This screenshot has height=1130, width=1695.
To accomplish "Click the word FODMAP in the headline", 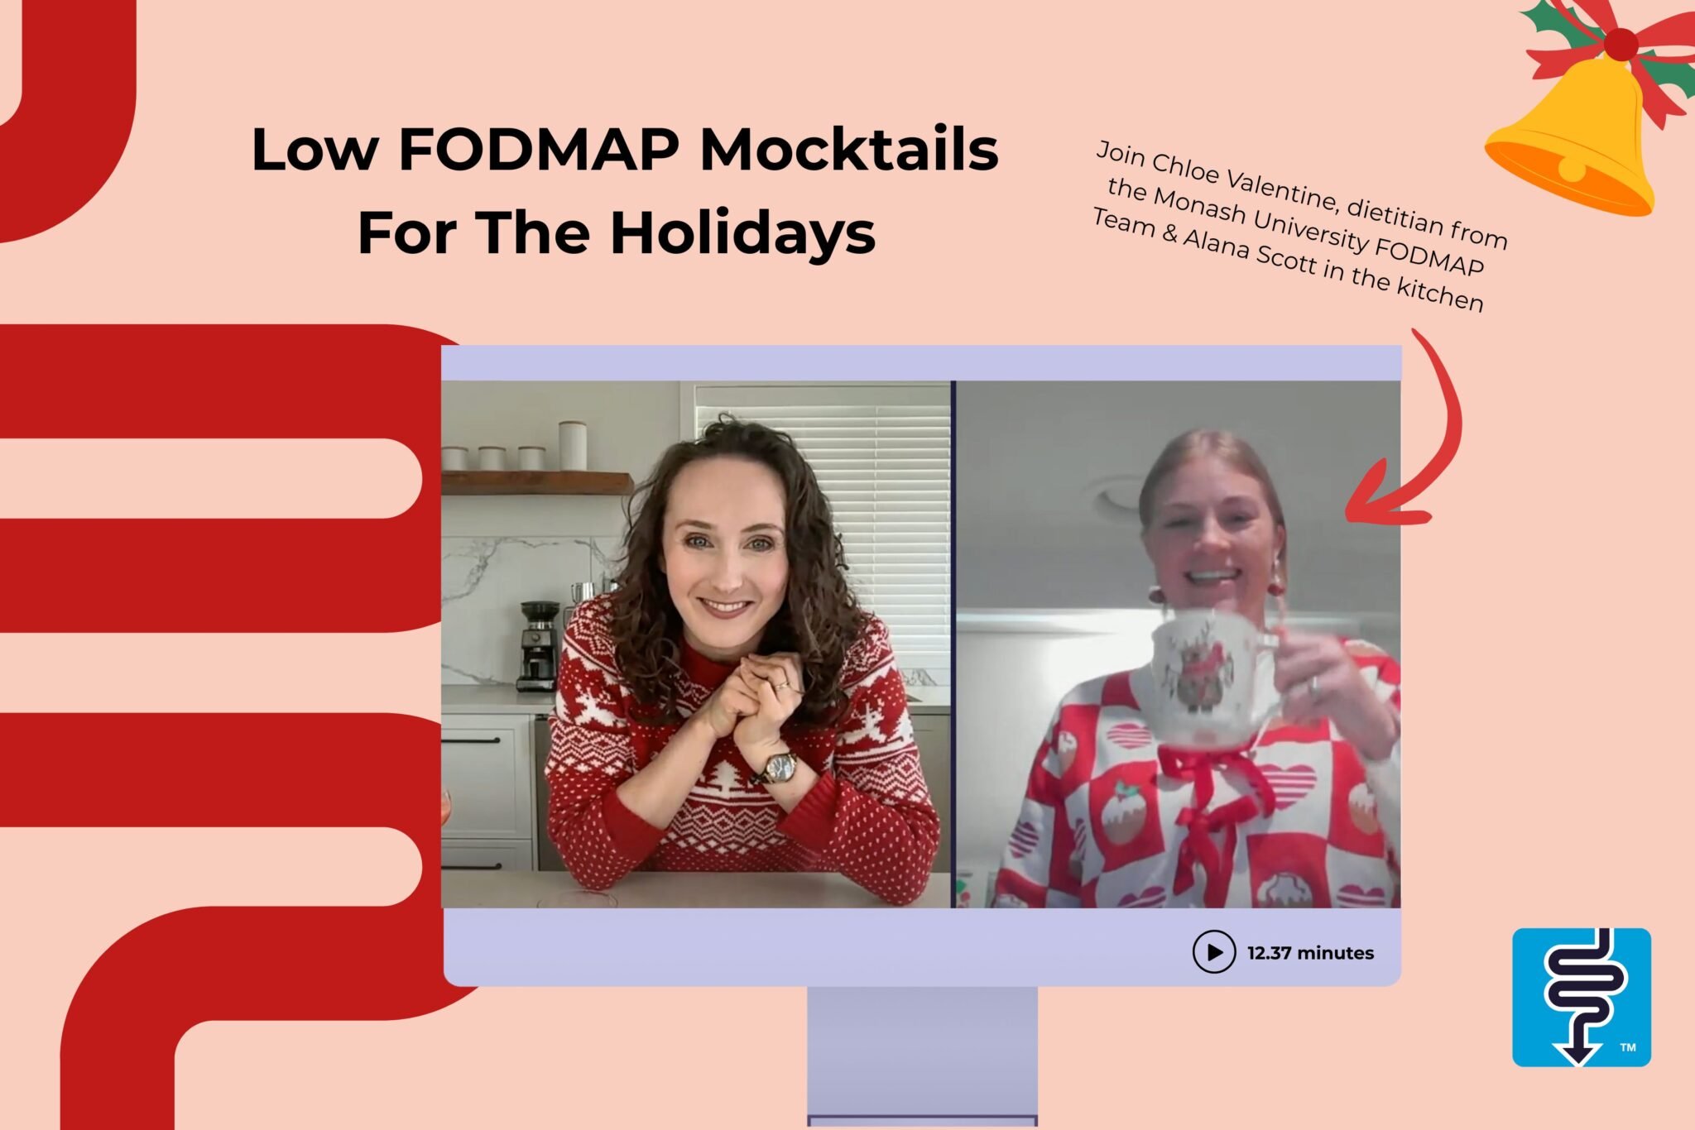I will click(x=539, y=150).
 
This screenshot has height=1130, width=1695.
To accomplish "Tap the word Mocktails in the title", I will click(x=849, y=150).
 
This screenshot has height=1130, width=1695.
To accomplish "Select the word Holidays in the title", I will click(x=742, y=232).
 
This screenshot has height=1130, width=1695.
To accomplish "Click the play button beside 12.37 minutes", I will click(x=1213, y=952).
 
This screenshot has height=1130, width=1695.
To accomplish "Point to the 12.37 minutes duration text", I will click(x=1310, y=953).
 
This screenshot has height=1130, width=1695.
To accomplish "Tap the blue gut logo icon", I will click(x=1581, y=997).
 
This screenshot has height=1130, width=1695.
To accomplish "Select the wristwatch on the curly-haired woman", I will click(x=778, y=767).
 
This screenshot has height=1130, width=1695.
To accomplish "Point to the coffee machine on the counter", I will click(x=539, y=645).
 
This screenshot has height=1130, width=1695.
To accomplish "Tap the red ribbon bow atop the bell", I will click(x=1618, y=45).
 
